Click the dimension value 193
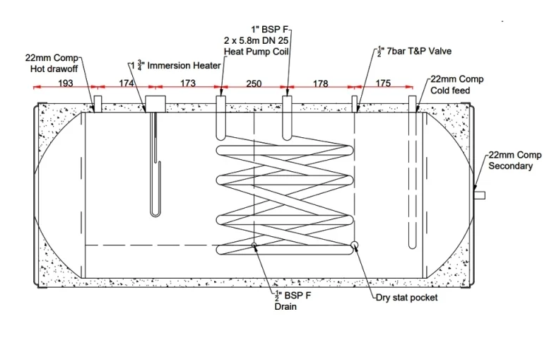click(65, 83)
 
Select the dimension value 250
click(254, 83)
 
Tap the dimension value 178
click(320, 83)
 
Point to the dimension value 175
click(383, 83)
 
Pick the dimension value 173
click(188, 83)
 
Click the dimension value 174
click(126, 83)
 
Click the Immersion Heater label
click(175, 65)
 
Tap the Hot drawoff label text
click(54, 69)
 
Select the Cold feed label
click(450, 91)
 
